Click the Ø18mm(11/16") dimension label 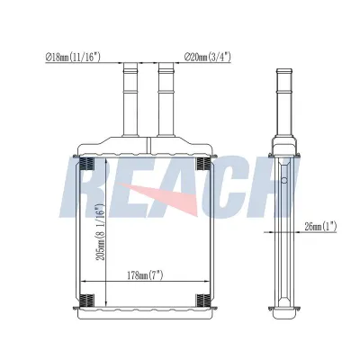pos(73,57)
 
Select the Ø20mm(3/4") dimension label pos(208,57)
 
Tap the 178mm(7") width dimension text pos(145,274)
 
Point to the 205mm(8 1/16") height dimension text pos(100,232)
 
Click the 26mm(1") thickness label pos(320,227)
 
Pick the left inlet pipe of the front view pos(130,100)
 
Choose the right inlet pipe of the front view pos(166,100)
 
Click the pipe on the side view pos(284,102)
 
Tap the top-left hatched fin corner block pos(87,164)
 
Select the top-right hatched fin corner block pos(202,164)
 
